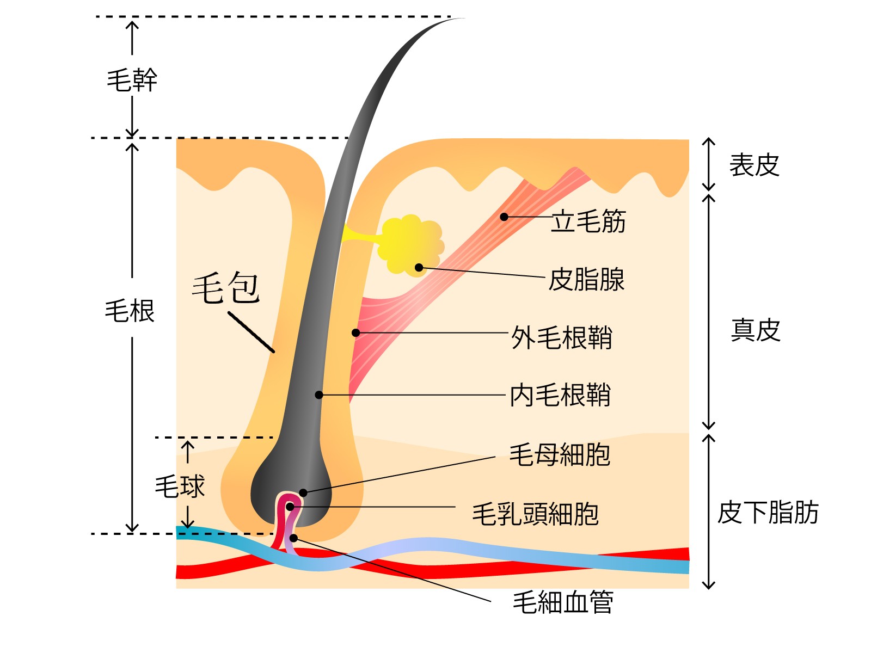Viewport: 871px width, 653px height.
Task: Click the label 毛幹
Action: pyautogui.click(x=132, y=81)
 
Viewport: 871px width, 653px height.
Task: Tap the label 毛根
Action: pyautogui.click(x=130, y=311)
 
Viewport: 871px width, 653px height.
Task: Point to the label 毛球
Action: pyautogui.click(x=180, y=486)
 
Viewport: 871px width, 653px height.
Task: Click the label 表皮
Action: pyautogui.click(x=754, y=165)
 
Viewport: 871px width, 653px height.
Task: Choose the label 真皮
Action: pyautogui.click(x=755, y=330)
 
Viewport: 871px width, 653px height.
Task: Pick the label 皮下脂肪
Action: pyautogui.click(x=768, y=513)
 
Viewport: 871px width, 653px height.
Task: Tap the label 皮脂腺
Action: pyautogui.click(x=586, y=280)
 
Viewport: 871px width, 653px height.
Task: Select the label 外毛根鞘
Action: pyautogui.click(x=561, y=337)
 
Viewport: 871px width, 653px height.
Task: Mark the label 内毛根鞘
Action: pyautogui.click(x=560, y=395)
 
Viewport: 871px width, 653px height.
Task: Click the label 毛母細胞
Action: pyautogui.click(x=560, y=455)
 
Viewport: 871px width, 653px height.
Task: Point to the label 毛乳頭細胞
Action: pyautogui.click(x=536, y=514)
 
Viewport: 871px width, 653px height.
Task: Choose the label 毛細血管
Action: pyautogui.click(x=563, y=602)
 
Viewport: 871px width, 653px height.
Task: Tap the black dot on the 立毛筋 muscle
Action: pyautogui.click(x=504, y=217)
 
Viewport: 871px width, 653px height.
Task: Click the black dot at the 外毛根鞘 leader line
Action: pyautogui.click(x=355, y=332)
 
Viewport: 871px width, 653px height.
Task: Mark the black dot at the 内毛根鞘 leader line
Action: pyautogui.click(x=319, y=395)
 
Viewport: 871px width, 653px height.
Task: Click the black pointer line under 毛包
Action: pyautogui.click(x=251, y=332)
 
